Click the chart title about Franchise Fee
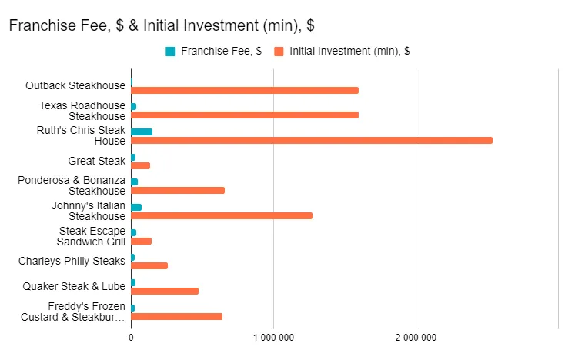[162, 25]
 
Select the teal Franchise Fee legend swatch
[170, 52]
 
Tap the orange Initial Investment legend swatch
[279, 52]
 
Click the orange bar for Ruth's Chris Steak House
[311, 141]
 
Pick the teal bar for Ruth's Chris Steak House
[142, 132]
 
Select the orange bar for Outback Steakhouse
[245, 91]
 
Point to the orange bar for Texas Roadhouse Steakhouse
[245, 115]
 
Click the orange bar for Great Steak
[141, 165]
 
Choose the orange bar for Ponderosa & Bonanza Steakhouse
[178, 191]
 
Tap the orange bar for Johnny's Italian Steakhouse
[222, 216]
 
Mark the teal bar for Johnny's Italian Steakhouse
[136, 207]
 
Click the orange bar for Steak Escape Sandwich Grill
[142, 241]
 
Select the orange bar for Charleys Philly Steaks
[149, 266]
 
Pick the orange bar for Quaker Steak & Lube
[165, 291]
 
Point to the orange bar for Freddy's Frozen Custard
[177, 316]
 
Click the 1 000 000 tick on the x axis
[273, 337]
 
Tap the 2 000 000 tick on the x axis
[416, 337]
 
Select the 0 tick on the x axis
[131, 337]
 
